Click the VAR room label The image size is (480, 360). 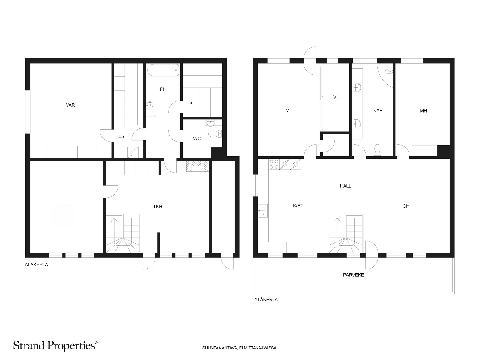click(x=70, y=105)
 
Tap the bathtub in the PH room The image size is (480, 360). click(x=163, y=70)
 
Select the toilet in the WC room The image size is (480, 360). click(x=215, y=134)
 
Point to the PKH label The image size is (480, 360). click(x=123, y=137)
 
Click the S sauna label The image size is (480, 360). click(x=191, y=102)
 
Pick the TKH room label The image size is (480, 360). click(x=158, y=207)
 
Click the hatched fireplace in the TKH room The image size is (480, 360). click(x=197, y=166)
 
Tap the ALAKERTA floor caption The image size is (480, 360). click(x=36, y=265)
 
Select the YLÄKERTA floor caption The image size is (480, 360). click(x=266, y=300)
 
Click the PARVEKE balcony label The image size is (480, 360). click(x=353, y=275)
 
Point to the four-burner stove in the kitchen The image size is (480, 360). click(x=274, y=164)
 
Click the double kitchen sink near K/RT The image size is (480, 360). click(x=263, y=211)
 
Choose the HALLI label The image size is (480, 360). click(x=346, y=186)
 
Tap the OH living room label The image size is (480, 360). click(x=406, y=206)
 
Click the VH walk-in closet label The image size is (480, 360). click(x=336, y=97)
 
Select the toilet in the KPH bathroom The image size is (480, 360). click(x=377, y=150)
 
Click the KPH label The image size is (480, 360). click(x=378, y=111)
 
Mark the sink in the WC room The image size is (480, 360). click(x=211, y=122)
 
